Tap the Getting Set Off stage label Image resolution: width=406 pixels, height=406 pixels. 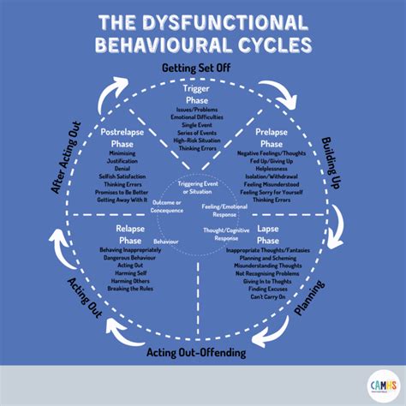[x=203, y=69]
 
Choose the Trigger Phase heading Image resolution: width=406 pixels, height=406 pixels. [x=202, y=93]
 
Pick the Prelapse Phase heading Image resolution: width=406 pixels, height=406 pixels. [x=273, y=138]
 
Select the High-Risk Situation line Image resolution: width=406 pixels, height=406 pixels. [x=202, y=138]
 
